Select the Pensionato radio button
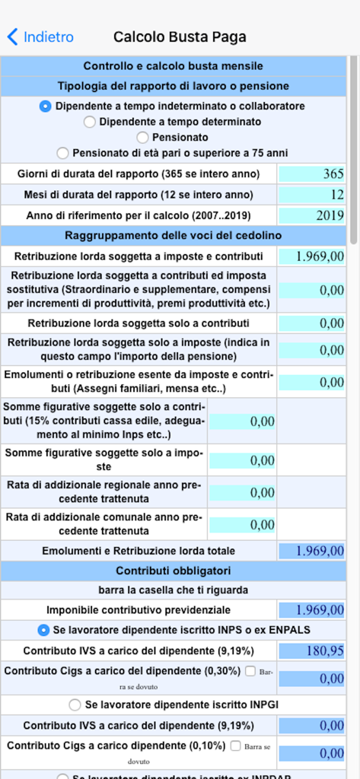coord(142,138)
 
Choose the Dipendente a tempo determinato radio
coord(90,122)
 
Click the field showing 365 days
coord(312,173)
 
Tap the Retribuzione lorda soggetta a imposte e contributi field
coord(312,256)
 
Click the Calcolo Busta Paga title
coord(180,37)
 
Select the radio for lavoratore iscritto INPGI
coord(75,704)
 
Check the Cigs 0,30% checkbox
coord(252,671)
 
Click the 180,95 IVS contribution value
coord(312,650)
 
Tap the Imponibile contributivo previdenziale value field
coord(312,609)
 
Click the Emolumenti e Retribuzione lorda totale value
coord(312,550)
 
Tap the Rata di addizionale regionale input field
coord(242,492)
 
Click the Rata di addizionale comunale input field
coord(242,524)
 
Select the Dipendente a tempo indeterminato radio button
coord(46,107)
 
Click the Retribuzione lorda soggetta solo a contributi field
coord(312,323)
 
